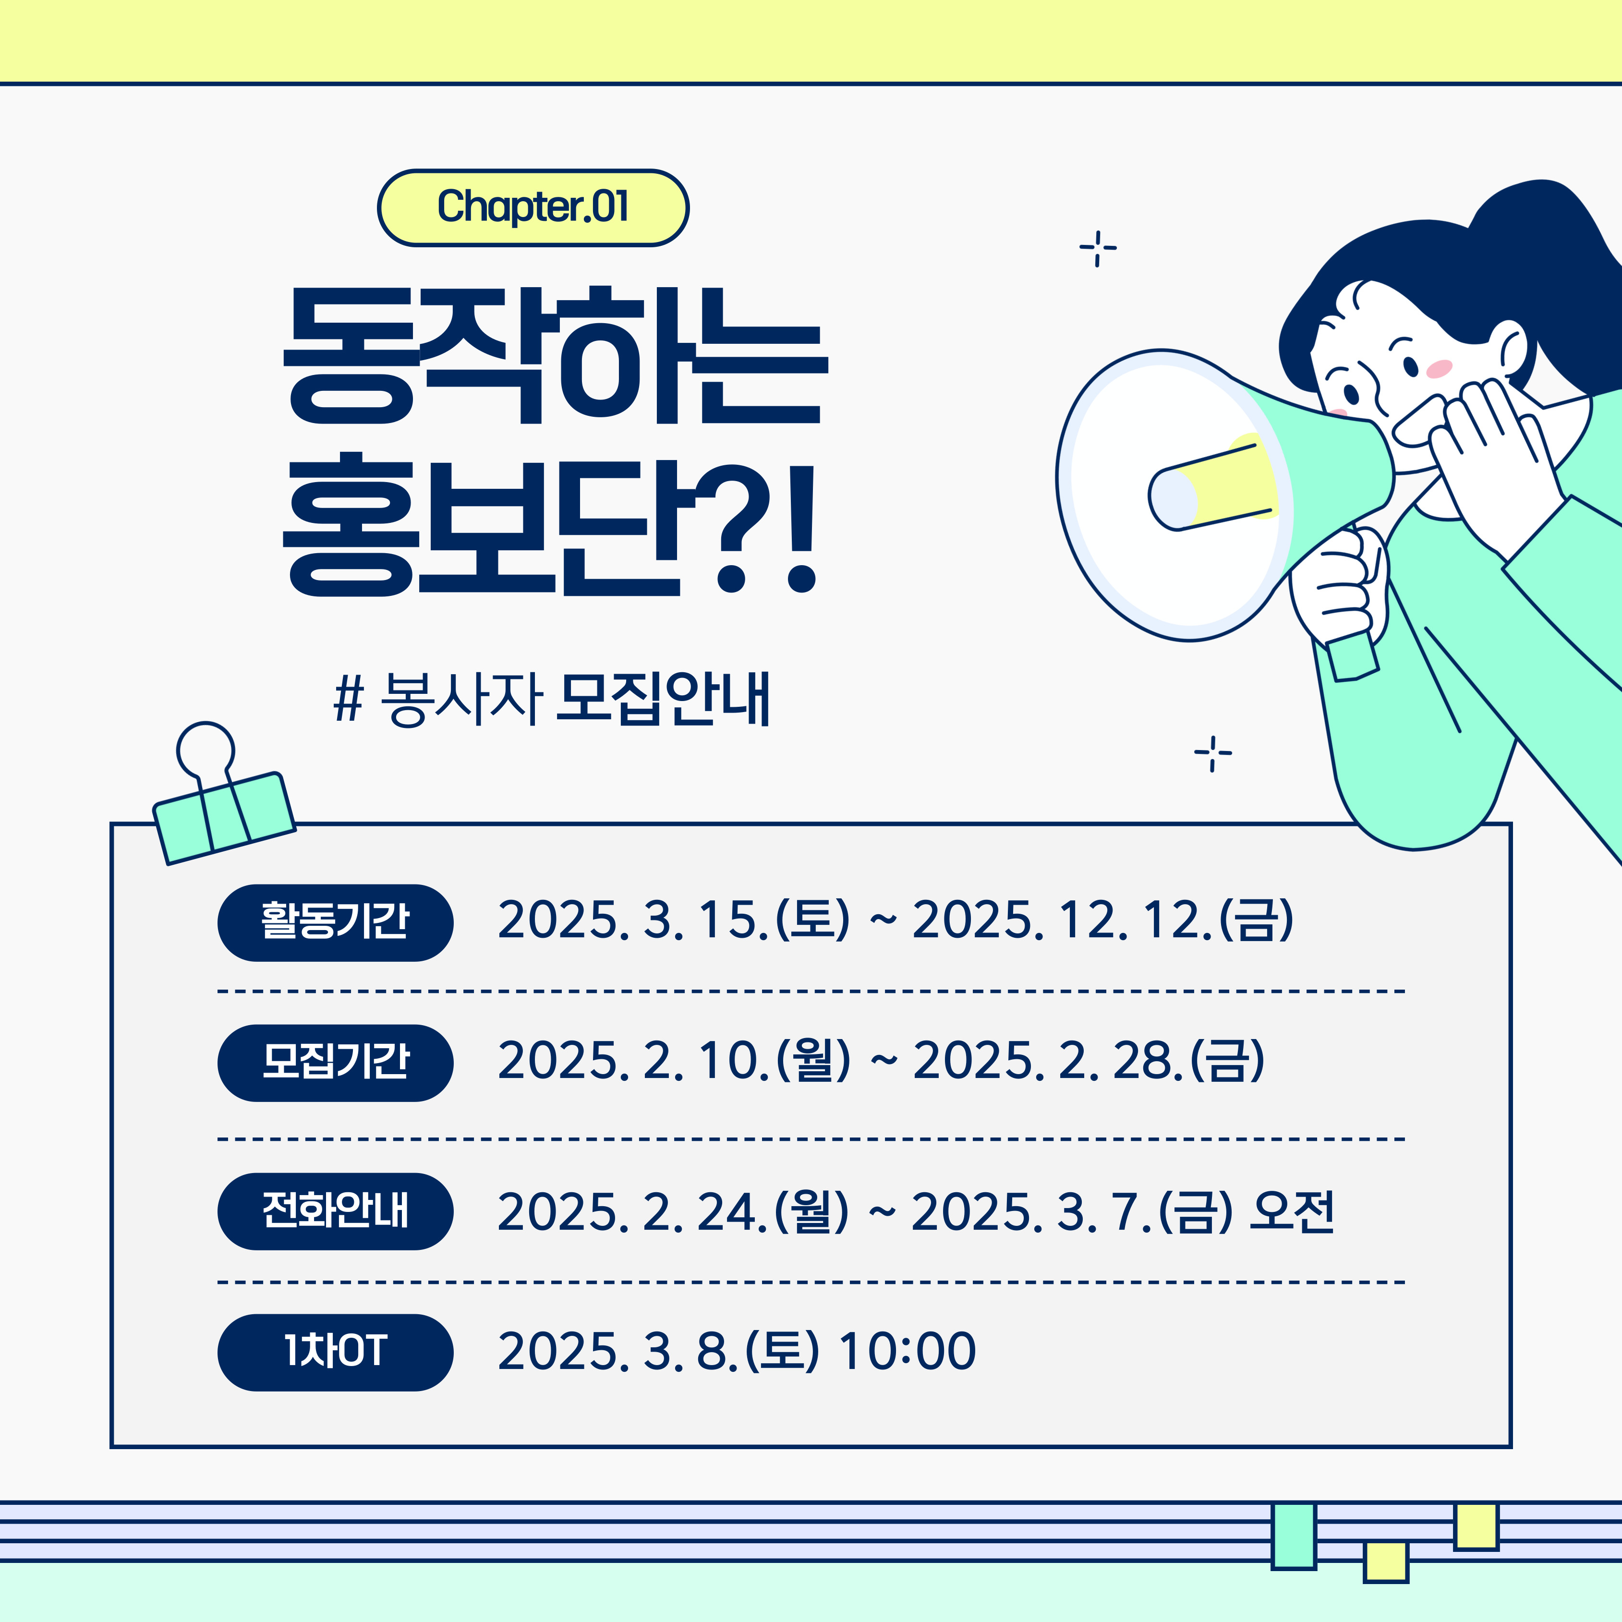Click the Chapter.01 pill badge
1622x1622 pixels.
(533, 207)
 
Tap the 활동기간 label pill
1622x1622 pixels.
(335, 923)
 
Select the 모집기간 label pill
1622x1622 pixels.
(335, 1063)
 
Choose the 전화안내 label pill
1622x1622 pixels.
(335, 1211)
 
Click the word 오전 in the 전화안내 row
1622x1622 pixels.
(1291, 1211)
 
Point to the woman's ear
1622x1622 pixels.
(1511, 349)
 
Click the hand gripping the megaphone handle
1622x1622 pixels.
(1339, 588)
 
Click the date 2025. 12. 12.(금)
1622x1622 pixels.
(1103, 920)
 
